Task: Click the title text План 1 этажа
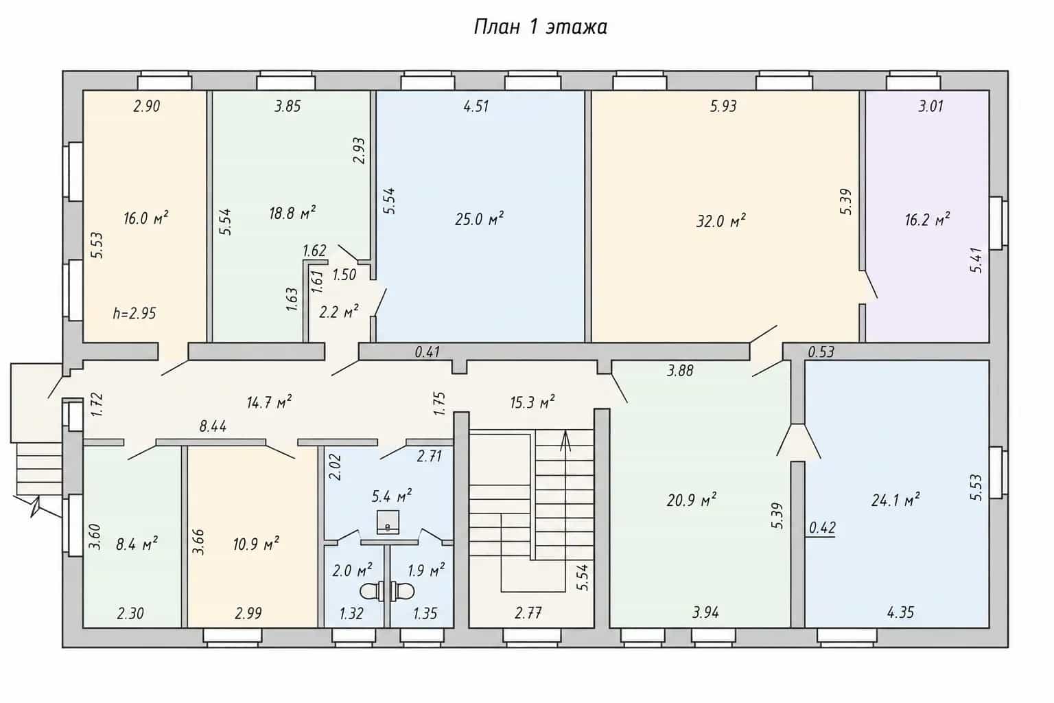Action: (540, 27)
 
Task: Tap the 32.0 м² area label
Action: (721, 220)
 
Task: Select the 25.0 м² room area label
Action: (479, 219)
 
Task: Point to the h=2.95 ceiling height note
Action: (134, 313)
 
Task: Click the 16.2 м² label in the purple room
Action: (927, 219)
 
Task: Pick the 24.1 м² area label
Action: (895, 500)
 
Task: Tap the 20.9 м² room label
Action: (691, 500)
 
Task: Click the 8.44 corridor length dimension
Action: (213, 426)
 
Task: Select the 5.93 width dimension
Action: (723, 106)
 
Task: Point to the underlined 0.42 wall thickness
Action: (822, 529)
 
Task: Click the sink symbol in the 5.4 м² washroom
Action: (388, 522)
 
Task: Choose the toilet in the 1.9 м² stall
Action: (402, 591)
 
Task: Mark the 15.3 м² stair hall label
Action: (532, 402)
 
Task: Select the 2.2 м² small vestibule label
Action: (339, 311)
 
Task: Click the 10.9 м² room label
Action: (256, 544)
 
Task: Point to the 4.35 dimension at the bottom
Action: (900, 612)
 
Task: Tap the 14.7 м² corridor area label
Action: (269, 402)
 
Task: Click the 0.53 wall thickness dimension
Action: (821, 351)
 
